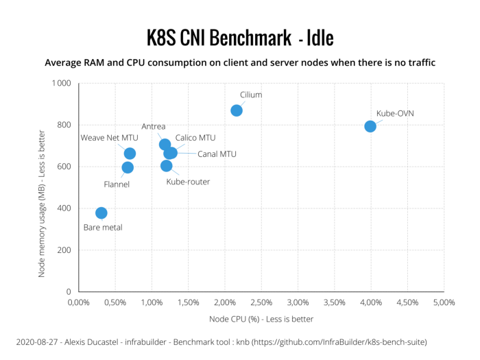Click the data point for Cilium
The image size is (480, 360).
point(237,110)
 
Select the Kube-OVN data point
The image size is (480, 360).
point(370,126)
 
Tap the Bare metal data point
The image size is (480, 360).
point(101,213)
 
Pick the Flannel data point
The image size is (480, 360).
point(128,167)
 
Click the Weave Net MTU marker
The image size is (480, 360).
point(130,154)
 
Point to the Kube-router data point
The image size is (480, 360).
point(166,165)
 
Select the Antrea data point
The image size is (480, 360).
point(165,145)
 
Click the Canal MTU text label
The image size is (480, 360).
point(217,154)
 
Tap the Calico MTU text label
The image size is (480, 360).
point(195,138)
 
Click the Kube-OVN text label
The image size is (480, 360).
point(395,113)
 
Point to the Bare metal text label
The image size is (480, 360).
point(103,227)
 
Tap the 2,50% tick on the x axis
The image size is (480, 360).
point(261,302)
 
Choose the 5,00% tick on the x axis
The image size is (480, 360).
point(444,302)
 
